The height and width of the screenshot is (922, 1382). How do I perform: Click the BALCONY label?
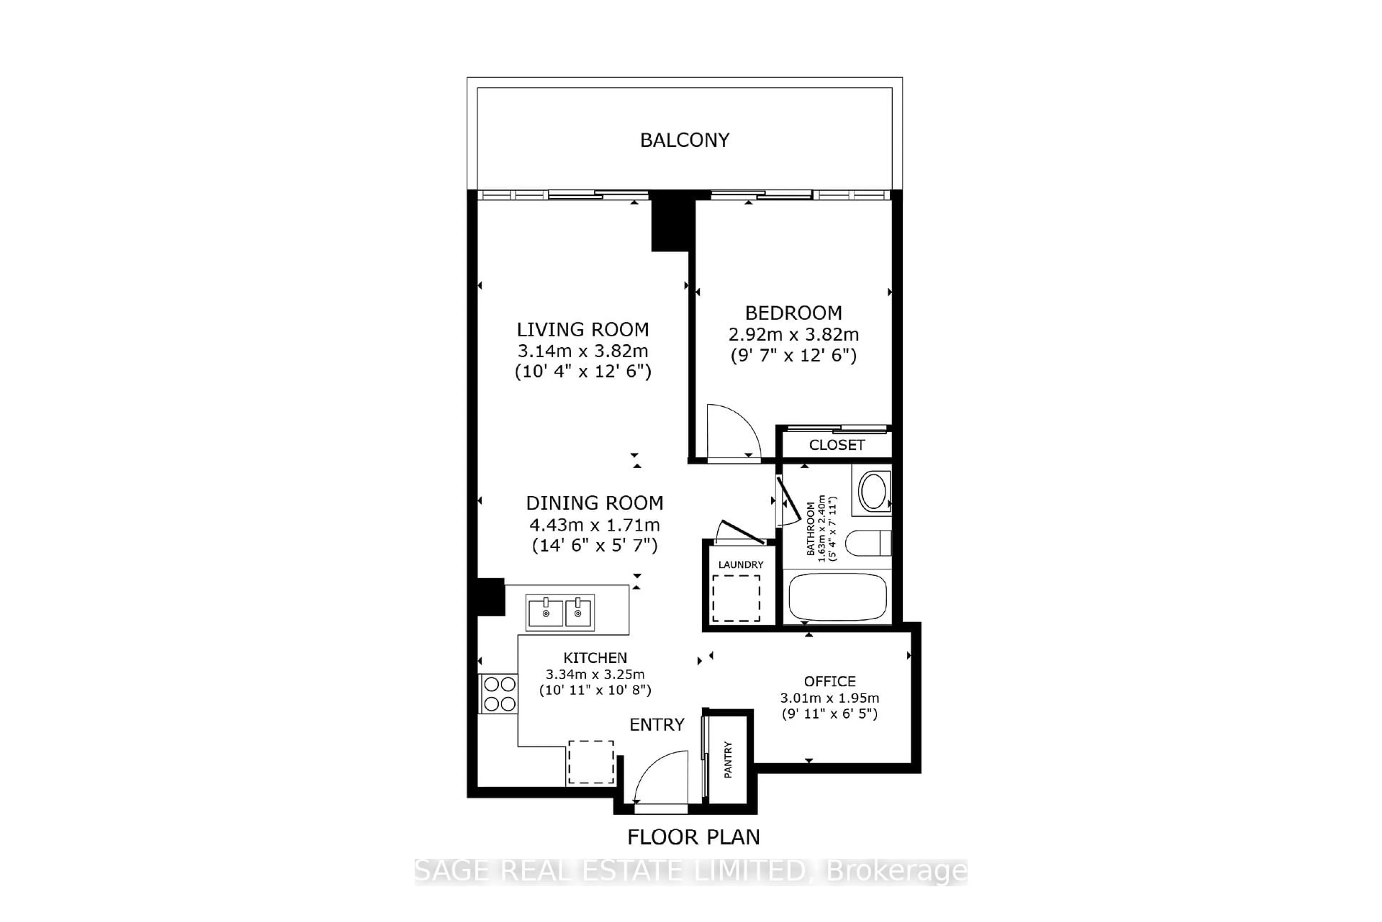[685, 140]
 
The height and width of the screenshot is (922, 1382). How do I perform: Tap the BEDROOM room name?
[793, 313]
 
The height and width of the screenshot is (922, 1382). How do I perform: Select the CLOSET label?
[836, 445]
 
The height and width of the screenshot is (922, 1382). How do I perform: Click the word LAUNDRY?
[740, 565]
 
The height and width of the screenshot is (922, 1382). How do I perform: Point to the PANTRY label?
[728, 760]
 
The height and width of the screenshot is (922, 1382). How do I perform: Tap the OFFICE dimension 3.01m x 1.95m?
[829, 698]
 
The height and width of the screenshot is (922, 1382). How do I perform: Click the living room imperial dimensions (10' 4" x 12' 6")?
[583, 372]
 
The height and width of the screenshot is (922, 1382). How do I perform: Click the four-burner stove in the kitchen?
[499, 694]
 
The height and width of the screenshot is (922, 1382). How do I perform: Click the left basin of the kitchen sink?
[545, 613]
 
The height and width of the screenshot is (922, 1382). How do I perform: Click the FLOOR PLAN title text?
[694, 837]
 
